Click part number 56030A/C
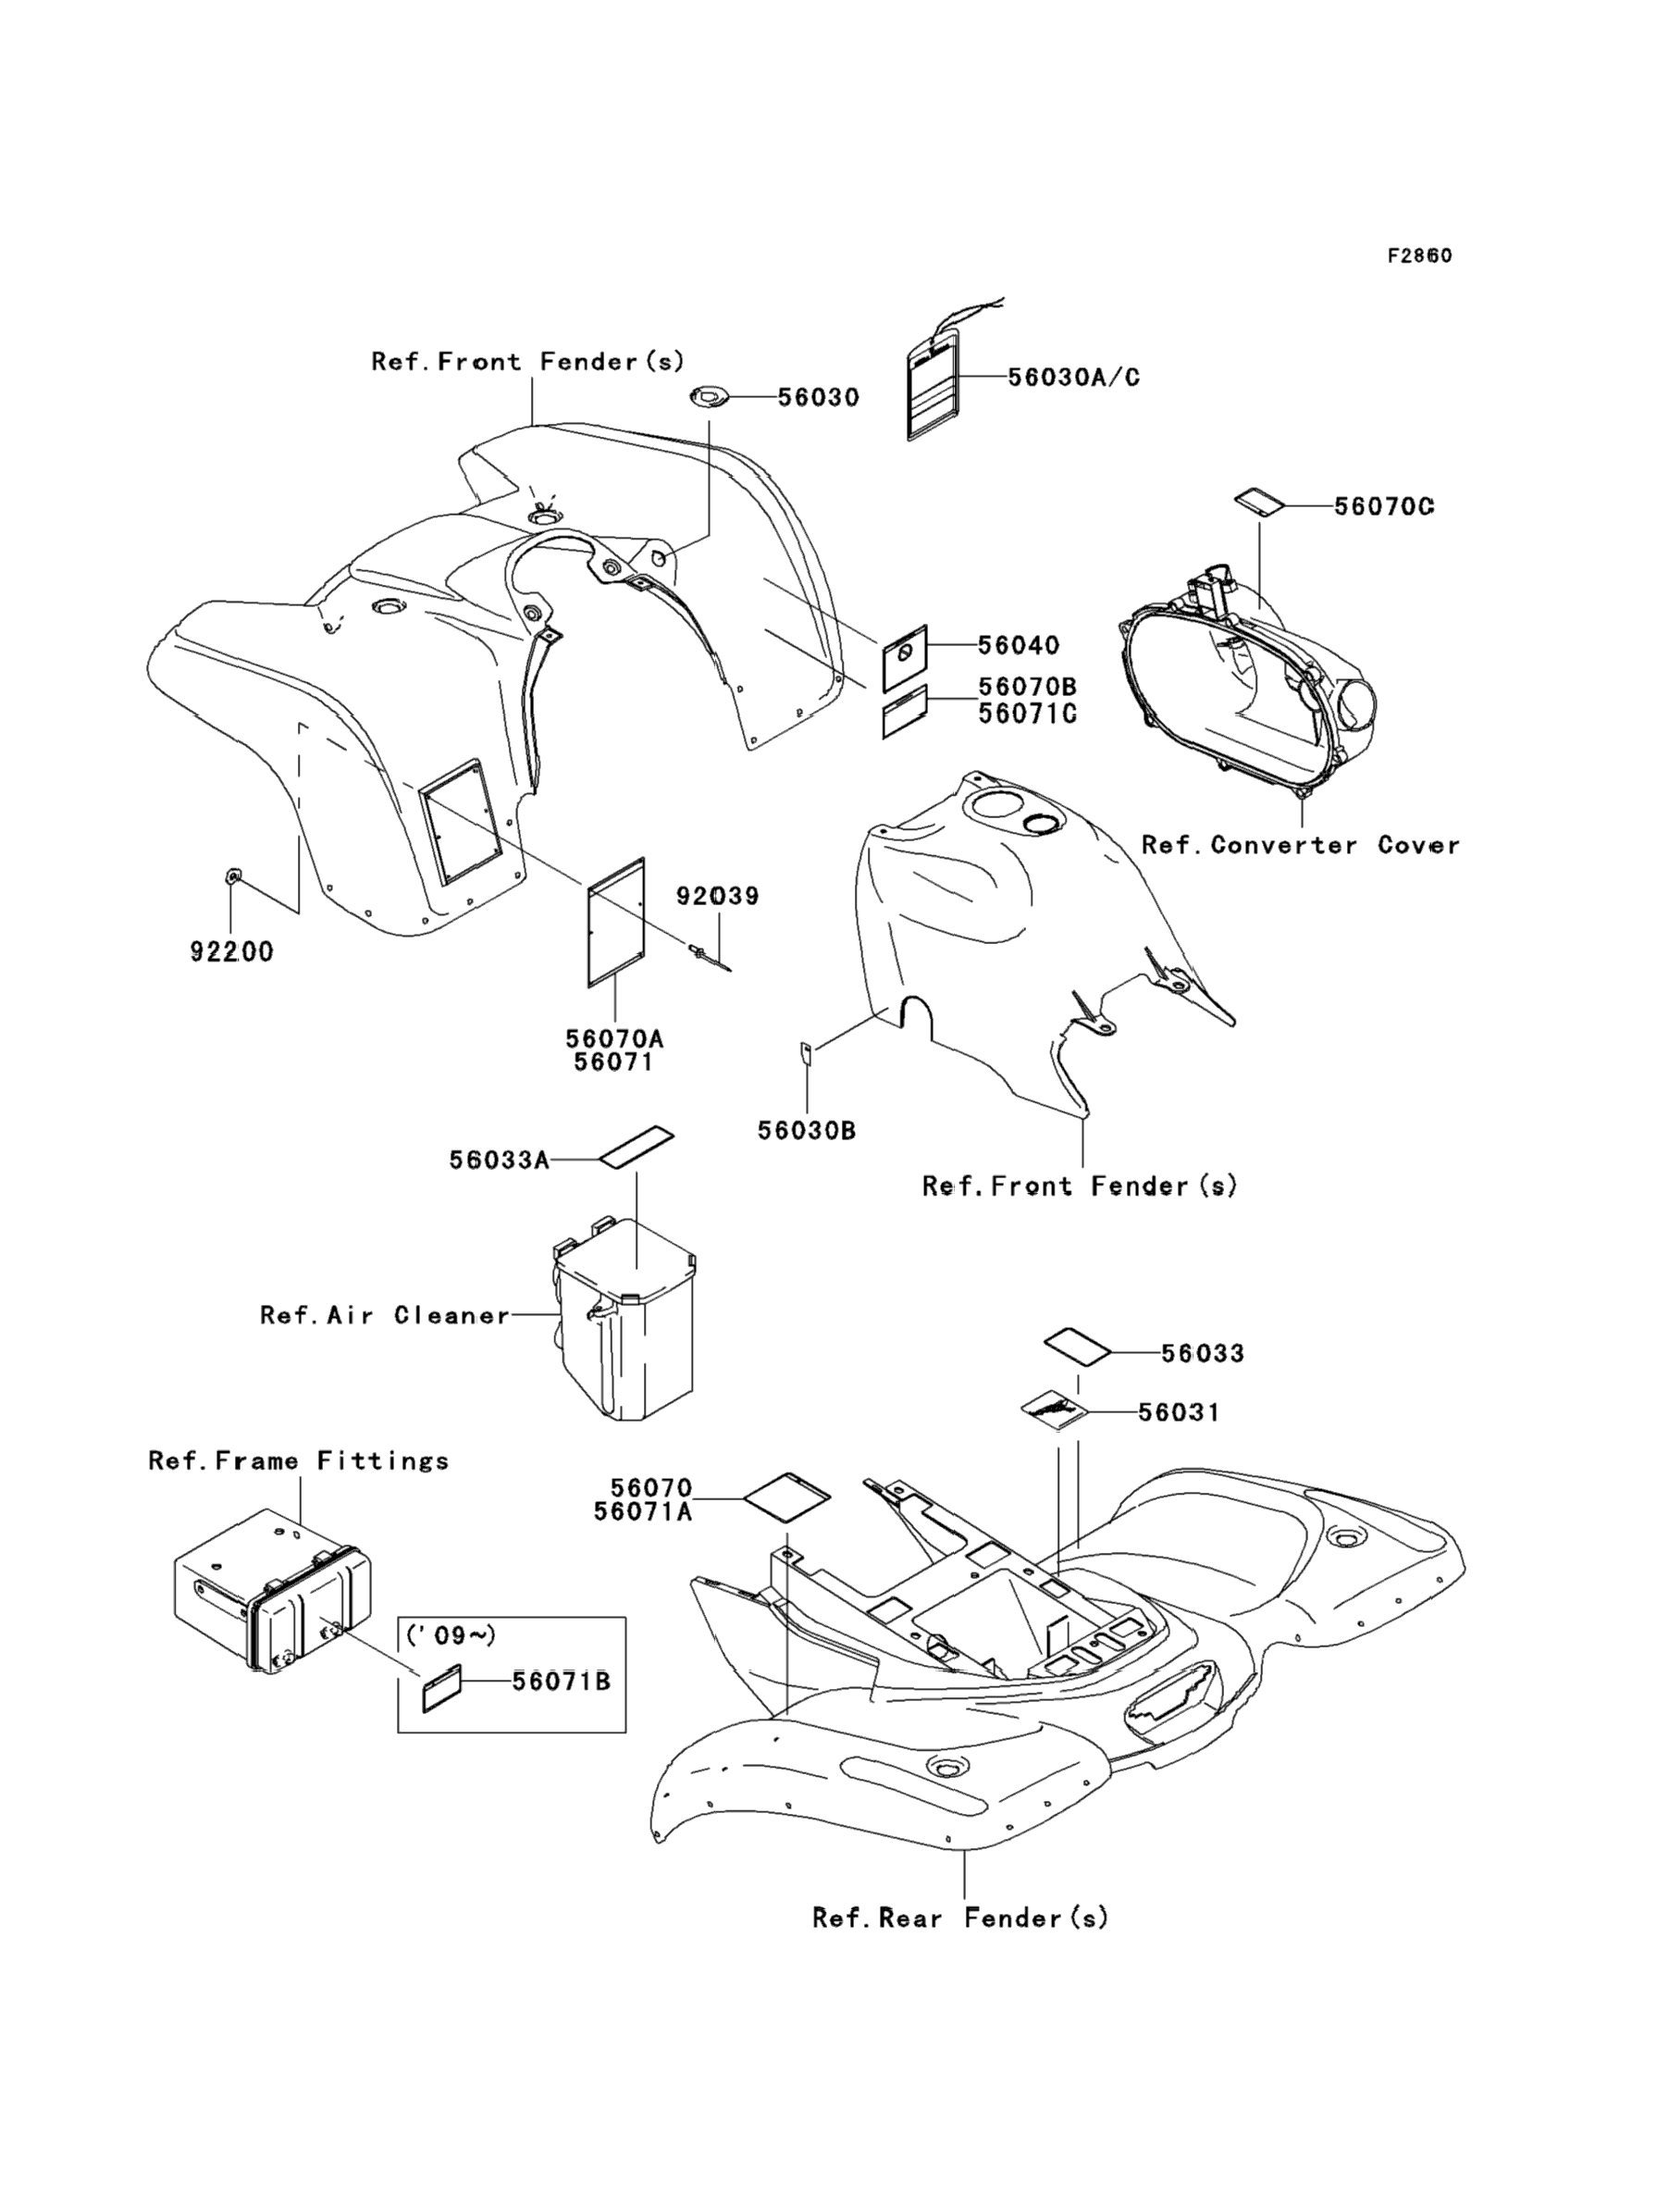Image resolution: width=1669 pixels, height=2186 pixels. (x=1074, y=378)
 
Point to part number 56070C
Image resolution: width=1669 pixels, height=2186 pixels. (x=1384, y=507)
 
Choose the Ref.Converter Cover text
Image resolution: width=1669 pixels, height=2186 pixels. (x=1301, y=846)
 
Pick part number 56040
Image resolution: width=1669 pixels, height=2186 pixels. (x=1019, y=645)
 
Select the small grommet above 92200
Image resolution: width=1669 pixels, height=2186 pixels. (x=232, y=876)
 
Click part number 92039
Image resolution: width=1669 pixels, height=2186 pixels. (x=717, y=896)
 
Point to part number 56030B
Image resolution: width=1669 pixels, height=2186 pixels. (x=807, y=1131)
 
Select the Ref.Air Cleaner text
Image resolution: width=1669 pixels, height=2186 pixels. (x=385, y=1315)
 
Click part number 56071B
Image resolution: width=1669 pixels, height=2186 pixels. (x=562, y=1682)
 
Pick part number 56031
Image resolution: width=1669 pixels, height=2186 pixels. (x=1179, y=1412)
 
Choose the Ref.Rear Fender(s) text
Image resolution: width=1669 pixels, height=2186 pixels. (x=959, y=1918)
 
